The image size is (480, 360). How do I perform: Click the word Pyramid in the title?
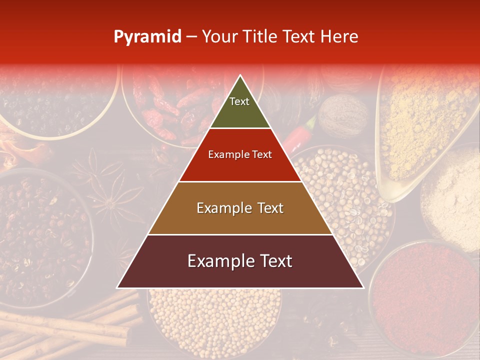coord(147,37)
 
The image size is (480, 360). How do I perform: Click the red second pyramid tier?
coord(240,155)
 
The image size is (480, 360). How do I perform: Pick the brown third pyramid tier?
coord(240,208)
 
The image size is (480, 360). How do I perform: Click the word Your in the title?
coord(218,37)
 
